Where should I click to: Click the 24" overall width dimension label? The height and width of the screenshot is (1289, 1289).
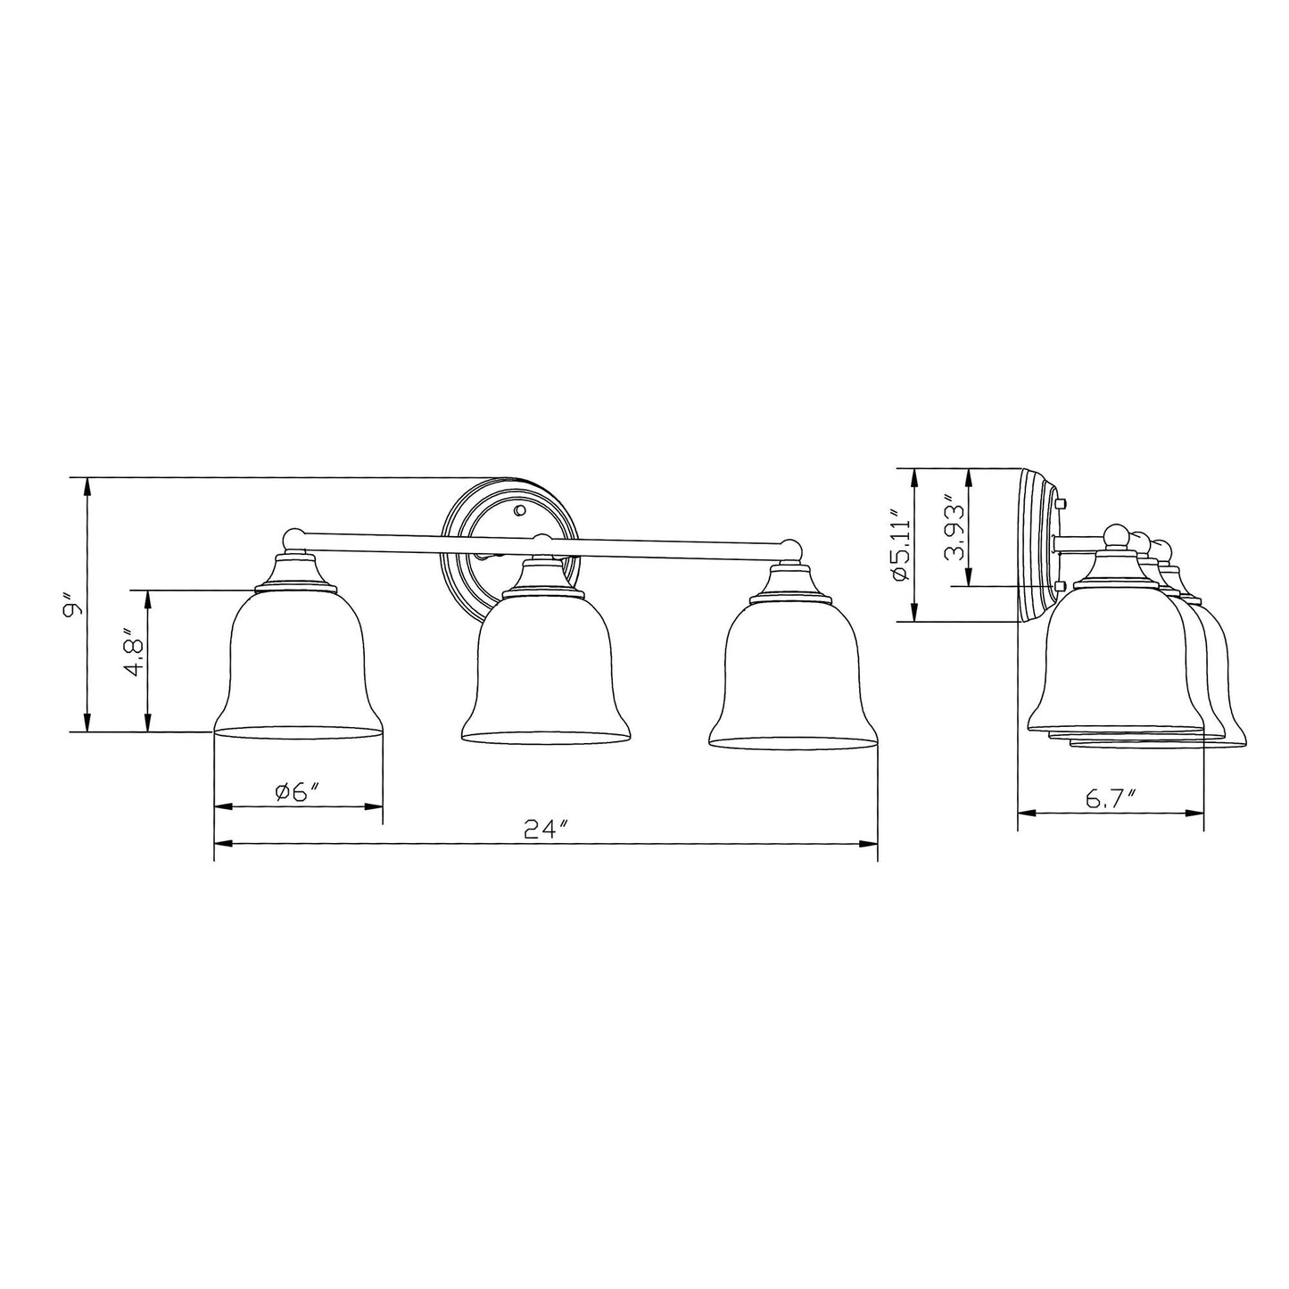click(x=546, y=829)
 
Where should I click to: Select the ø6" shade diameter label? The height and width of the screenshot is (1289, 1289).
click(x=298, y=791)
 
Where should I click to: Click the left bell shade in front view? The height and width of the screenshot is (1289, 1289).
click(x=298, y=665)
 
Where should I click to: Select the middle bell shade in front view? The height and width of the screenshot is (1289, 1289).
click(x=544, y=673)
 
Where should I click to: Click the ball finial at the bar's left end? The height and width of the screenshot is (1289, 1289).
click(x=292, y=538)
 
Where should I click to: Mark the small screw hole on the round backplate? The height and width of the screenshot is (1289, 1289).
click(x=519, y=510)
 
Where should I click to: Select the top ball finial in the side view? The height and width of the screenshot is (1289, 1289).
click(x=1112, y=535)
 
